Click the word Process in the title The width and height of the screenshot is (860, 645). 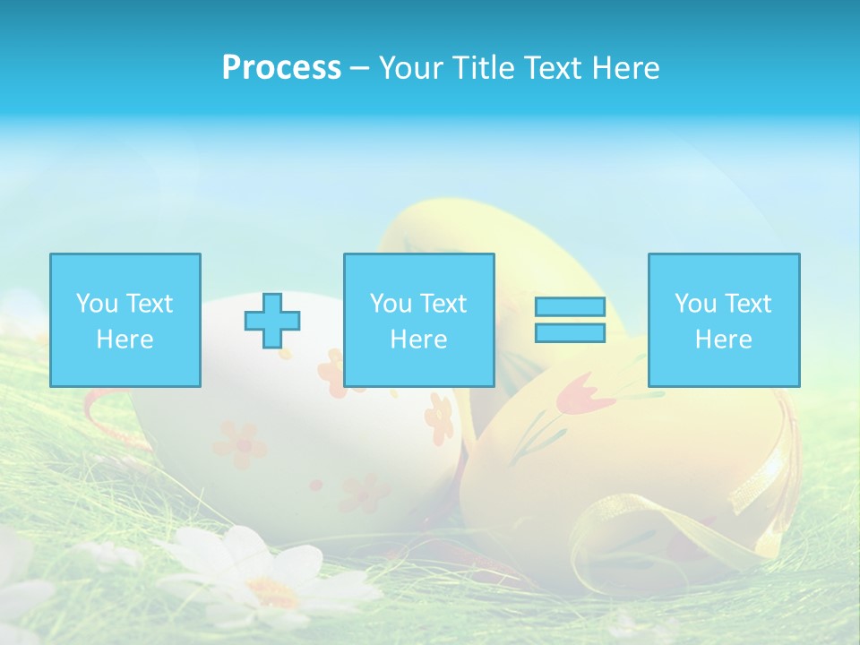(x=281, y=68)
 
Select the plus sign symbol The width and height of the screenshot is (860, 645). (x=272, y=321)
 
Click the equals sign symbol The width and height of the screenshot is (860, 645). (x=570, y=320)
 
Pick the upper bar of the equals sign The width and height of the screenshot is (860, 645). (x=570, y=307)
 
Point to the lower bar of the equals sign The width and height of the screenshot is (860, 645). (x=570, y=332)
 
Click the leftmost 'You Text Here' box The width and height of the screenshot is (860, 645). (x=125, y=320)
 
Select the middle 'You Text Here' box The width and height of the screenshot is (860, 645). (x=419, y=320)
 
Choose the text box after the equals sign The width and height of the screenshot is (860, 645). (x=724, y=320)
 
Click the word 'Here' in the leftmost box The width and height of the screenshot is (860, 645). (x=125, y=340)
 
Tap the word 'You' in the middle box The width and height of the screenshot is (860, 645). (x=391, y=304)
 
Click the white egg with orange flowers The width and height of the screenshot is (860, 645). (x=296, y=439)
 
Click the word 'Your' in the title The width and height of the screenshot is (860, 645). (x=408, y=68)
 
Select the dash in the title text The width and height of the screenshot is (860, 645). (x=360, y=68)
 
